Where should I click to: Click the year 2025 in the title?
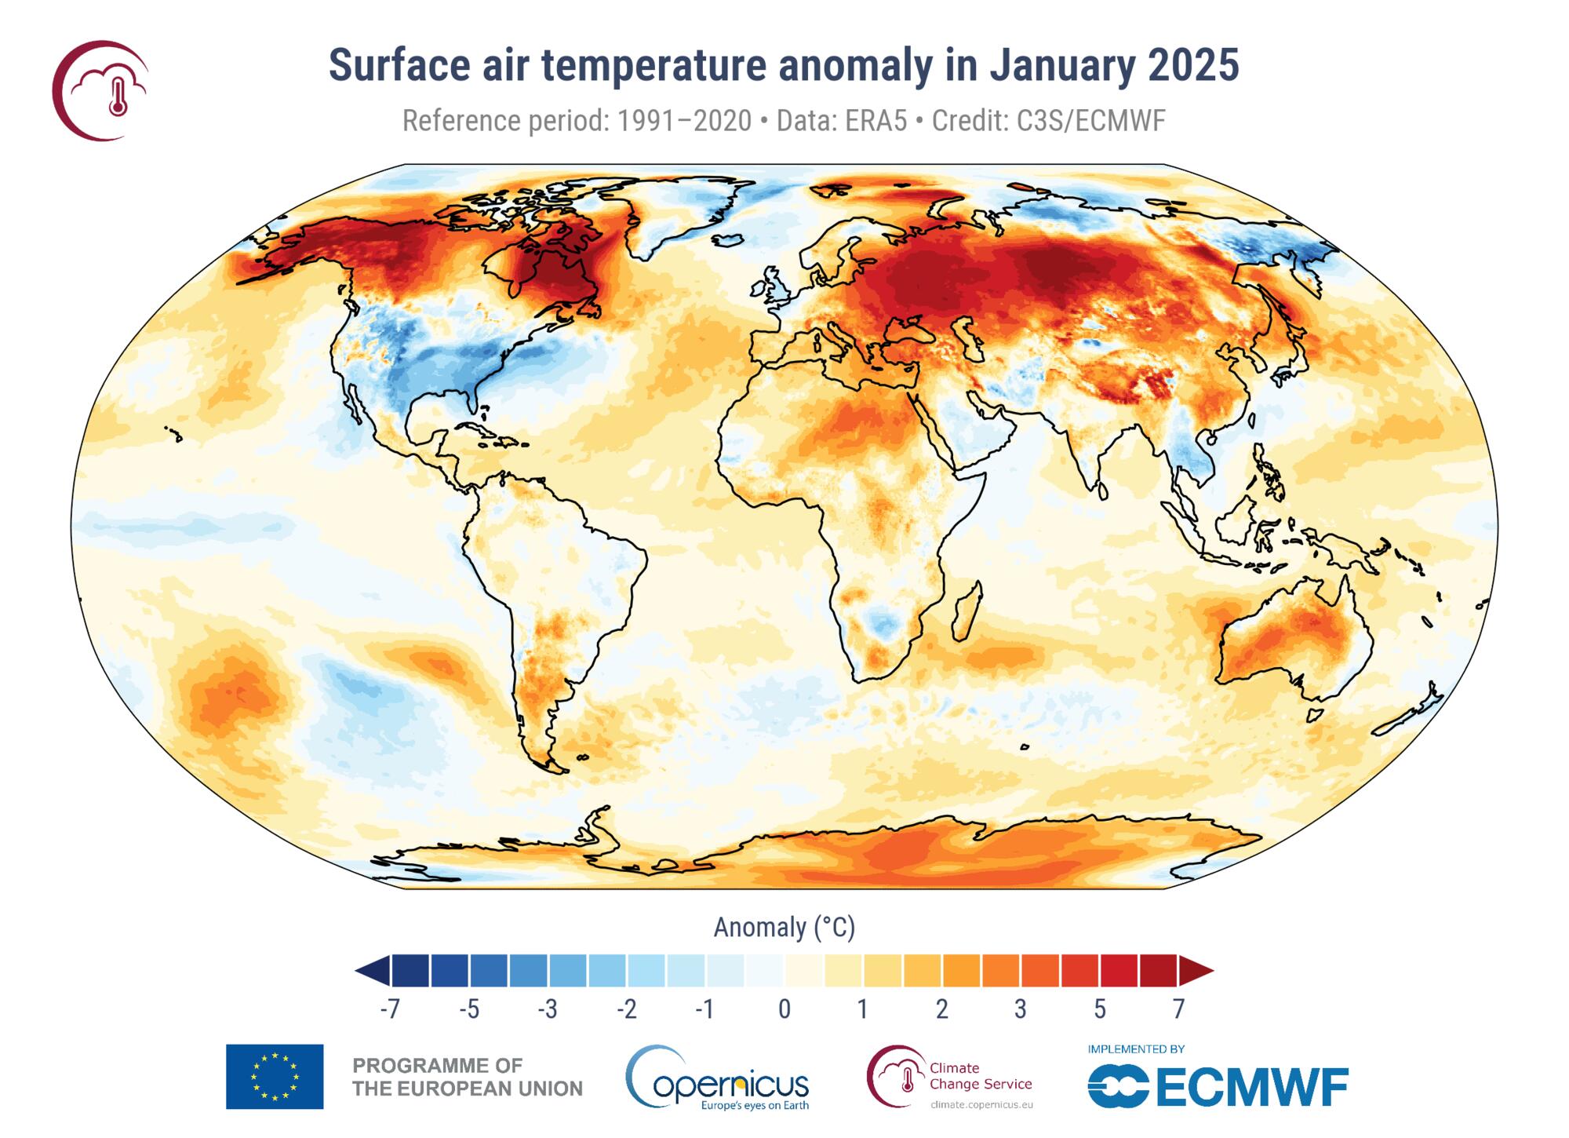(1192, 65)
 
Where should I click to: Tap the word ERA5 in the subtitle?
(876, 121)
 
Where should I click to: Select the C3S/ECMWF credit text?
(1090, 121)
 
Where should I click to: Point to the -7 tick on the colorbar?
(390, 1009)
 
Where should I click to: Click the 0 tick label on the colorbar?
(784, 1009)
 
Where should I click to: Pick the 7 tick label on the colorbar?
(1178, 1009)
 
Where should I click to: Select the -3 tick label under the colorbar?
(548, 1009)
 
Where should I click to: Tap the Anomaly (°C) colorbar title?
(784, 928)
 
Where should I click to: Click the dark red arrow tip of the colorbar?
(1196, 971)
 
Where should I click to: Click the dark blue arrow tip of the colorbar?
(373, 971)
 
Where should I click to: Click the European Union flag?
(275, 1076)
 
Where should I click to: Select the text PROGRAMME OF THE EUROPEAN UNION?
(468, 1077)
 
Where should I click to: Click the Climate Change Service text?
(980, 1076)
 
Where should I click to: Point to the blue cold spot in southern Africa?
(883, 624)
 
